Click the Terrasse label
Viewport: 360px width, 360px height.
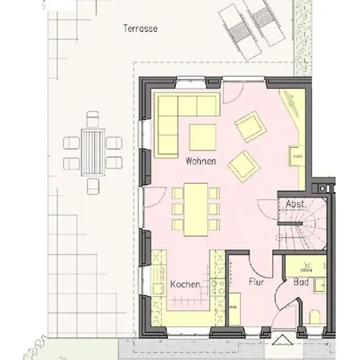pyautogui.click(x=140, y=29)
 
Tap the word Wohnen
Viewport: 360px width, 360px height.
pyautogui.click(x=201, y=161)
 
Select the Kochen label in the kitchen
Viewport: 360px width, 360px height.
pyautogui.click(x=185, y=284)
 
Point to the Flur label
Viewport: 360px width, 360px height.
pyautogui.click(x=256, y=282)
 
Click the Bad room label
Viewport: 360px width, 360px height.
pyautogui.click(x=302, y=282)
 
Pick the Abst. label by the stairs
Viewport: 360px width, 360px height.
pyautogui.click(x=296, y=204)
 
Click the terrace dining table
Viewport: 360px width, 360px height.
pyautogui.click(x=93, y=152)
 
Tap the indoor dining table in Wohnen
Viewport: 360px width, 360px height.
pyautogui.click(x=196, y=210)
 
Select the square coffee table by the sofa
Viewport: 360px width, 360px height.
pyautogui.click(x=202, y=138)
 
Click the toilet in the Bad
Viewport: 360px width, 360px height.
pyautogui.click(x=314, y=318)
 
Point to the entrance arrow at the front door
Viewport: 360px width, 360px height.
pyautogui.click(x=279, y=339)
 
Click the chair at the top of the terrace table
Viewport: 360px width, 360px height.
pyautogui.click(x=93, y=119)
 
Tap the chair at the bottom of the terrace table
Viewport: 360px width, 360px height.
pyautogui.click(x=93, y=186)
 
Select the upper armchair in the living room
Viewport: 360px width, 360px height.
pyautogui.click(x=250, y=126)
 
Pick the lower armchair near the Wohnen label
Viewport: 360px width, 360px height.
pyautogui.click(x=243, y=166)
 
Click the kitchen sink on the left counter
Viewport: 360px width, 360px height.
pyautogui.click(x=158, y=290)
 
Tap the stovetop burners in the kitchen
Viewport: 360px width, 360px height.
pyautogui.click(x=218, y=287)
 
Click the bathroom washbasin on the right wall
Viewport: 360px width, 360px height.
pyautogui.click(x=320, y=285)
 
